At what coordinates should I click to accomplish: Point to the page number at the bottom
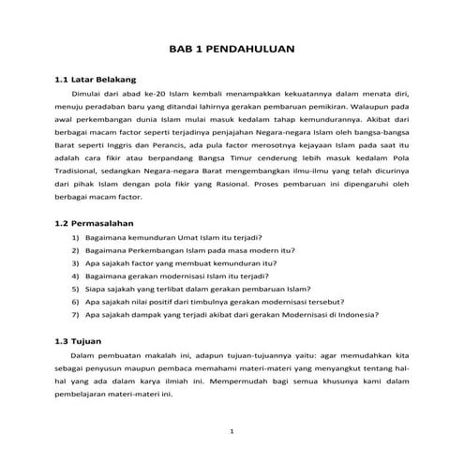click(x=232, y=429)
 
